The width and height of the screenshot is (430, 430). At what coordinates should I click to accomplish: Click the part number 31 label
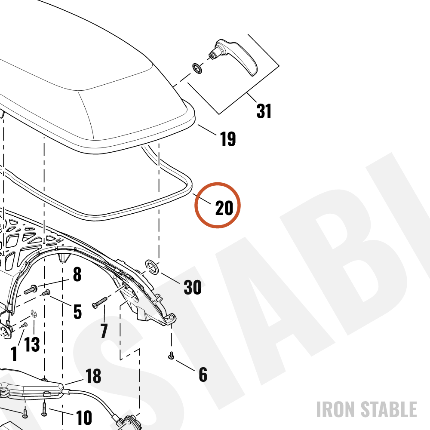click(x=264, y=111)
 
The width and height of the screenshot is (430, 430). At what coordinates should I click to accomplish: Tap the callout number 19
click(x=228, y=139)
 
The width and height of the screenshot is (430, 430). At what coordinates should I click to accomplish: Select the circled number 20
click(x=224, y=208)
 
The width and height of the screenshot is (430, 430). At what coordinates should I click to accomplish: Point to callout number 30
click(x=193, y=287)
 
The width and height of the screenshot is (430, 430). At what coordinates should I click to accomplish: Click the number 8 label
click(x=77, y=274)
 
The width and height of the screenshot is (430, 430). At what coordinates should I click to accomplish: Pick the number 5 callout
click(x=77, y=312)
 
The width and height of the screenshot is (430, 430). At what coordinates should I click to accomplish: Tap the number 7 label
click(x=104, y=331)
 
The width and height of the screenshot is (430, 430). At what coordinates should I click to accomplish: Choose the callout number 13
click(x=32, y=344)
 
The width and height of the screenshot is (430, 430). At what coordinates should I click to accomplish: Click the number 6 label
click(x=203, y=375)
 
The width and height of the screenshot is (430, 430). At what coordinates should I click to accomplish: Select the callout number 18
click(x=93, y=376)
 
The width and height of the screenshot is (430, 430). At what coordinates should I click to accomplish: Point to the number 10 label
click(x=84, y=418)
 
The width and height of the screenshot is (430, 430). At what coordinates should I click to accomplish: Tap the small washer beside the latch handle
click(x=197, y=68)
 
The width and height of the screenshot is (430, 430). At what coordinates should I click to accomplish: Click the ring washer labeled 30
click(x=152, y=267)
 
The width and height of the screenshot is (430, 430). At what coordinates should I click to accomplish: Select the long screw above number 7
click(x=100, y=302)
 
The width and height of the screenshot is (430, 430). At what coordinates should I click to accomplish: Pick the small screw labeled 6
click(x=171, y=356)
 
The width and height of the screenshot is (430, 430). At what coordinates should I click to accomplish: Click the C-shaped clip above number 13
click(x=34, y=314)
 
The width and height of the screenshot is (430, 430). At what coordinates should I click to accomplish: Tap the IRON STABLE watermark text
click(x=367, y=409)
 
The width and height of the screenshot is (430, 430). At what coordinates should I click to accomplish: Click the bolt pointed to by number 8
click(x=31, y=289)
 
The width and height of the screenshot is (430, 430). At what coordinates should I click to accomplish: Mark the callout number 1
click(x=14, y=353)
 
